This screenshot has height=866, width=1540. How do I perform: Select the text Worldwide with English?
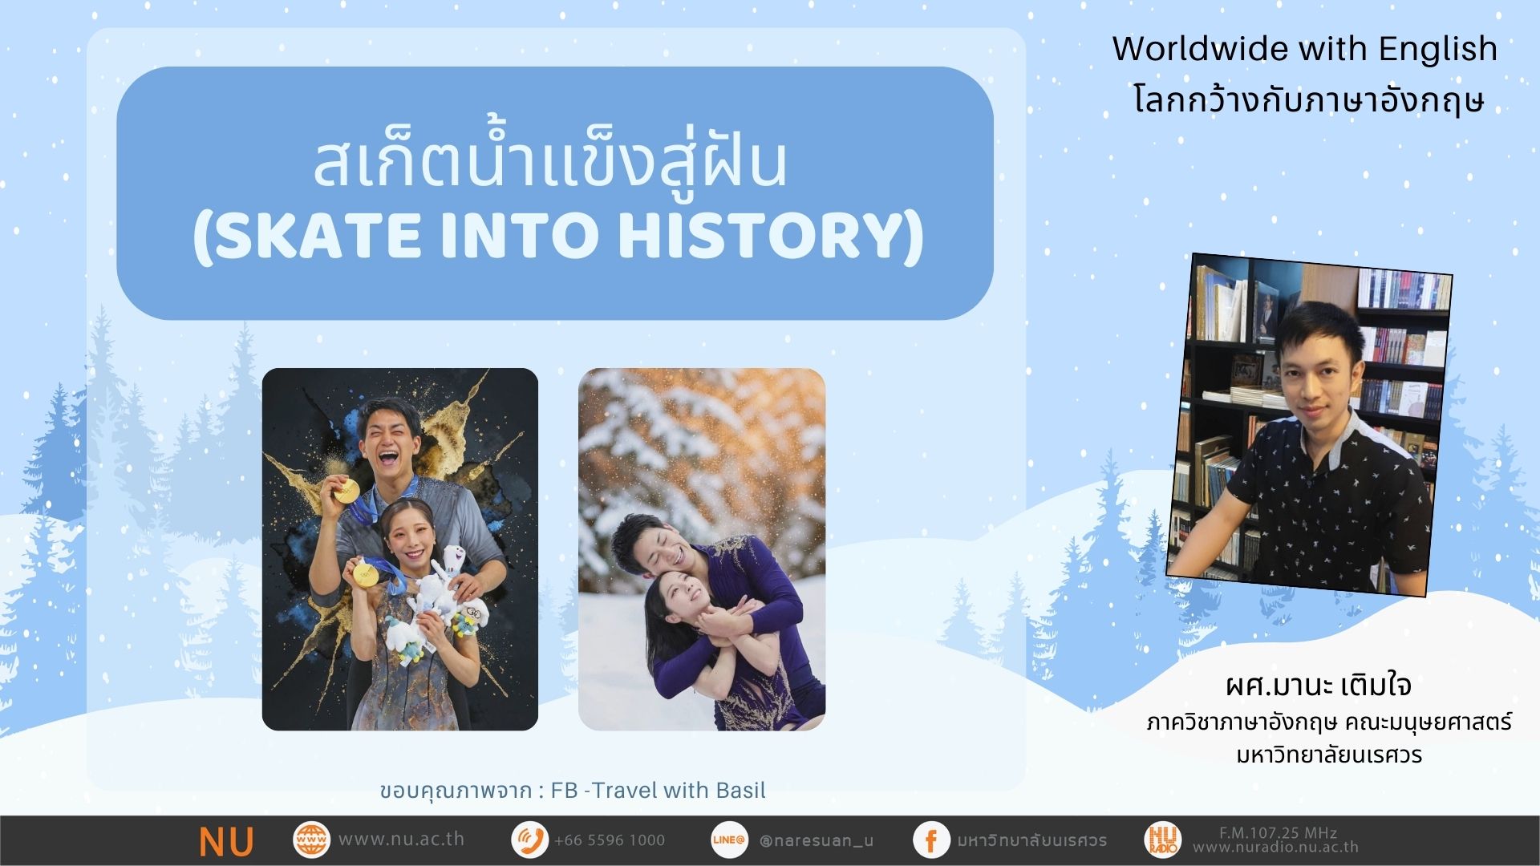click(x=1305, y=49)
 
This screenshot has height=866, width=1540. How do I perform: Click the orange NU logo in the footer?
click(x=227, y=841)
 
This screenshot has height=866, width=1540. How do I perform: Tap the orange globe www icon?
click(x=311, y=840)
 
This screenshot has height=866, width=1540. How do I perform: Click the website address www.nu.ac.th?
click(x=401, y=840)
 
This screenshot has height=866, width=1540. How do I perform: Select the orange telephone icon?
click(x=529, y=840)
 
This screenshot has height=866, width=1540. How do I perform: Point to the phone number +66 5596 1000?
click(x=610, y=840)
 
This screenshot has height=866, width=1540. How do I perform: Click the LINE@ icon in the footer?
click(x=729, y=840)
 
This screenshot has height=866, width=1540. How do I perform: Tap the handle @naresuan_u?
click(x=817, y=840)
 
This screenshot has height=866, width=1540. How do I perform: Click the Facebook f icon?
click(x=931, y=840)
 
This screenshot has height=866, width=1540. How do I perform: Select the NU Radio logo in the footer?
click(x=1163, y=840)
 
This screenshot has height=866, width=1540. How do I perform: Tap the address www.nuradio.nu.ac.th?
click(x=1275, y=847)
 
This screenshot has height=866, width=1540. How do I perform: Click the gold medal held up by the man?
click(x=346, y=490)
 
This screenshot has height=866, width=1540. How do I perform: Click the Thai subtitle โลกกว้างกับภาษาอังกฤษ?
click(x=1309, y=100)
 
